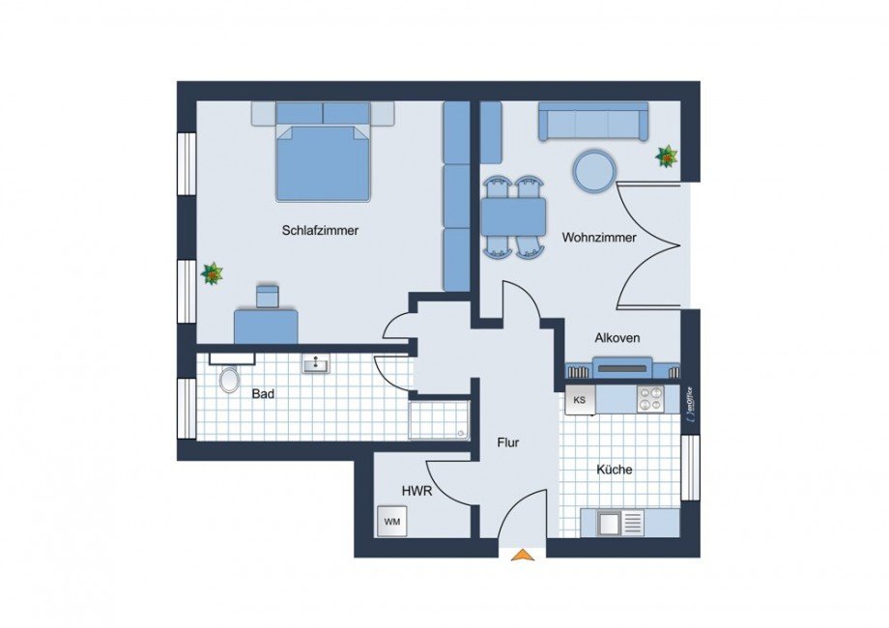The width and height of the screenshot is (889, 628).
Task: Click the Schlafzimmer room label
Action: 321,231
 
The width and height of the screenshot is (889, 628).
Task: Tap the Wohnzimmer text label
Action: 599,238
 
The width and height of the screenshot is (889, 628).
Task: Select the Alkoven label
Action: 617,338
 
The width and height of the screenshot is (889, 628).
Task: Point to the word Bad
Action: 262,394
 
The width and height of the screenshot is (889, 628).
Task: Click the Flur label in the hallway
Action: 508,443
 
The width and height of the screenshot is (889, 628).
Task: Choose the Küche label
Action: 615,471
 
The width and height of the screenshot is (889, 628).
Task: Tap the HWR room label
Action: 416,492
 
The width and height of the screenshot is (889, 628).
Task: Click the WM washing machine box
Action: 392,522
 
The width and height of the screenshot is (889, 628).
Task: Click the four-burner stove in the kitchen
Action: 649,398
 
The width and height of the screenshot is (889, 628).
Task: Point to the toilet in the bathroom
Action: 229,380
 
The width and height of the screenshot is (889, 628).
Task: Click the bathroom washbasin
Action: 316,364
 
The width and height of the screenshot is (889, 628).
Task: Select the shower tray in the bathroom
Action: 440,420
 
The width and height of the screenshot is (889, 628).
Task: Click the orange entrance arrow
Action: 523,555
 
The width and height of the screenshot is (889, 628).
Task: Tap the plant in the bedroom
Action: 212,274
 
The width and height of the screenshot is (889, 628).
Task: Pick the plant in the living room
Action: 666,155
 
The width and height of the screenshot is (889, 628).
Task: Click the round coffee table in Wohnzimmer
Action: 593,171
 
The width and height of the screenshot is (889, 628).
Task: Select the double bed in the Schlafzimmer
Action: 323,159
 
